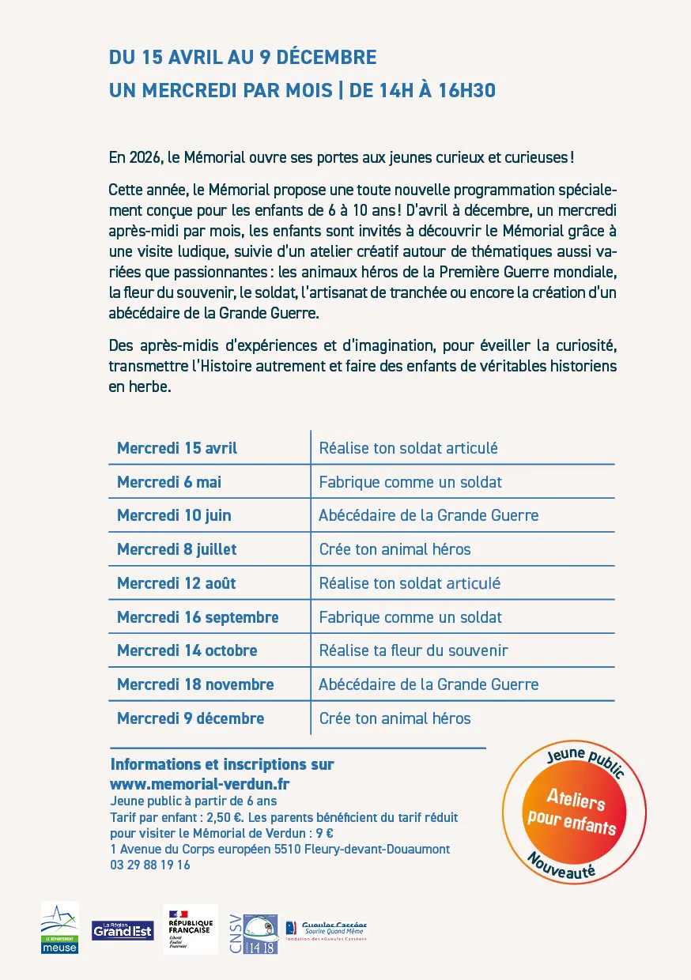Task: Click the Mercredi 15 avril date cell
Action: pyautogui.click(x=177, y=448)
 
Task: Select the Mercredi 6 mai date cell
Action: pyautogui.click(x=169, y=482)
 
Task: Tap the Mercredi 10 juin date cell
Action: pyautogui.click(x=174, y=515)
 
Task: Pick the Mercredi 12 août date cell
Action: pyautogui.click(x=176, y=583)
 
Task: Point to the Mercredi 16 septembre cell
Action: pyautogui.click(x=198, y=617)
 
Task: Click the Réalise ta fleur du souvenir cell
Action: pyautogui.click(x=413, y=650)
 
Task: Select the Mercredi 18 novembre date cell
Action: pyautogui.click(x=195, y=684)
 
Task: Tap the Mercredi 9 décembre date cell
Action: pyautogui.click(x=191, y=718)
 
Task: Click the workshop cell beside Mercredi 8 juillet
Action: pyautogui.click(x=395, y=549)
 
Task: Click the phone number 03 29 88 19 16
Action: pyautogui.click(x=150, y=865)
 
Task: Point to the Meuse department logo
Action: pyautogui.click(x=60, y=928)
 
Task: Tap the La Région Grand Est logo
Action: pyautogui.click(x=123, y=930)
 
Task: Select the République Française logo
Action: pyautogui.click(x=190, y=929)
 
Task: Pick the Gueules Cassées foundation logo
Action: pyautogui.click(x=326, y=929)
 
